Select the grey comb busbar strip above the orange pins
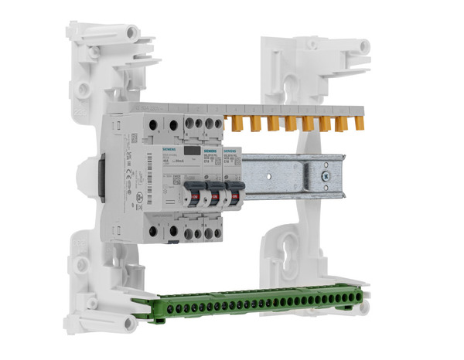[294, 110]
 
